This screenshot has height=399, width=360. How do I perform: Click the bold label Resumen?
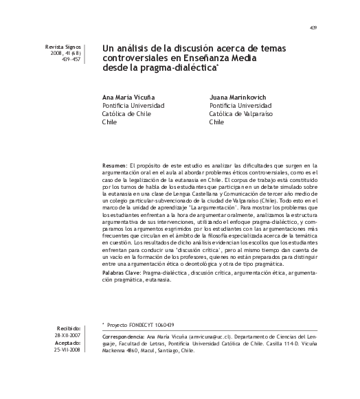pos(114,166)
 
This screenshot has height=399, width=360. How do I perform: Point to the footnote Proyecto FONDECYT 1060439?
pos(140,325)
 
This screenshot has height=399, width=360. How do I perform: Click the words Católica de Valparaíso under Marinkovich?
pos(240,114)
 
